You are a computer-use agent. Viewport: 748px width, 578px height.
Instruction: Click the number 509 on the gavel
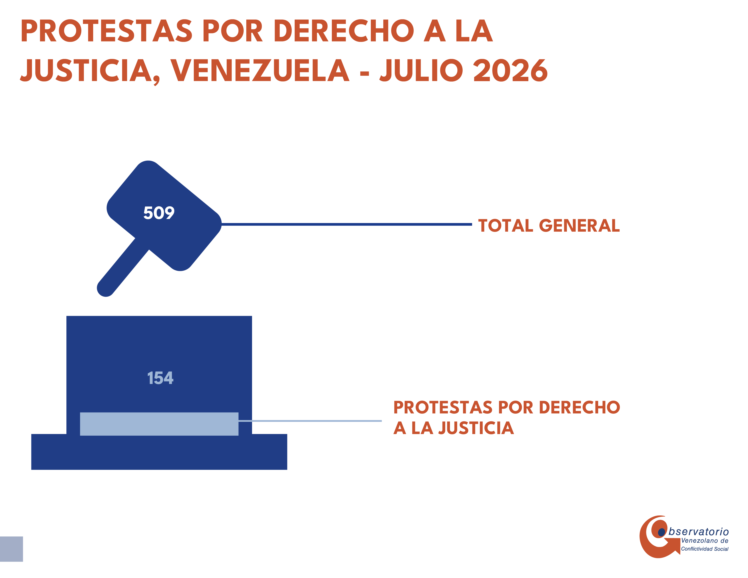coord(159,213)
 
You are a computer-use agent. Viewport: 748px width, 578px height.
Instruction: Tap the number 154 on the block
coord(160,378)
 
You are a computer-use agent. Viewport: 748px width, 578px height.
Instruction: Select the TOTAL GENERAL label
coord(549,226)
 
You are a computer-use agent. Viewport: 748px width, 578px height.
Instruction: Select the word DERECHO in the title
coord(344,31)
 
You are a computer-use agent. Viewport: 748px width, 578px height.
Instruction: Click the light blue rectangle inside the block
coord(159,424)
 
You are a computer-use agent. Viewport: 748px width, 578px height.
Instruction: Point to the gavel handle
coord(123,267)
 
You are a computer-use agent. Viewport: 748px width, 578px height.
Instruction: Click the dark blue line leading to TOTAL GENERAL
coord(347,224)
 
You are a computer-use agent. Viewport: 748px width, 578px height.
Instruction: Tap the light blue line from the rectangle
coord(310,421)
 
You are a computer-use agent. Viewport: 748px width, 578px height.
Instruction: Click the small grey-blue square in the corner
coord(11,549)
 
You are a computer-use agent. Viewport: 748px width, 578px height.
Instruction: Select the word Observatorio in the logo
coord(698,532)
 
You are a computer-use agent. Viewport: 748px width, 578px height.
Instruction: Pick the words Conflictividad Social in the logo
coord(704,549)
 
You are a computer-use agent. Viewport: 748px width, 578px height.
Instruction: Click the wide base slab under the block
coord(159,452)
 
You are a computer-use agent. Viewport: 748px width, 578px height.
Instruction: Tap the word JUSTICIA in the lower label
coord(476,428)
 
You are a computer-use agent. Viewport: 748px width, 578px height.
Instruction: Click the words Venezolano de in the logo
coord(704,541)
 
